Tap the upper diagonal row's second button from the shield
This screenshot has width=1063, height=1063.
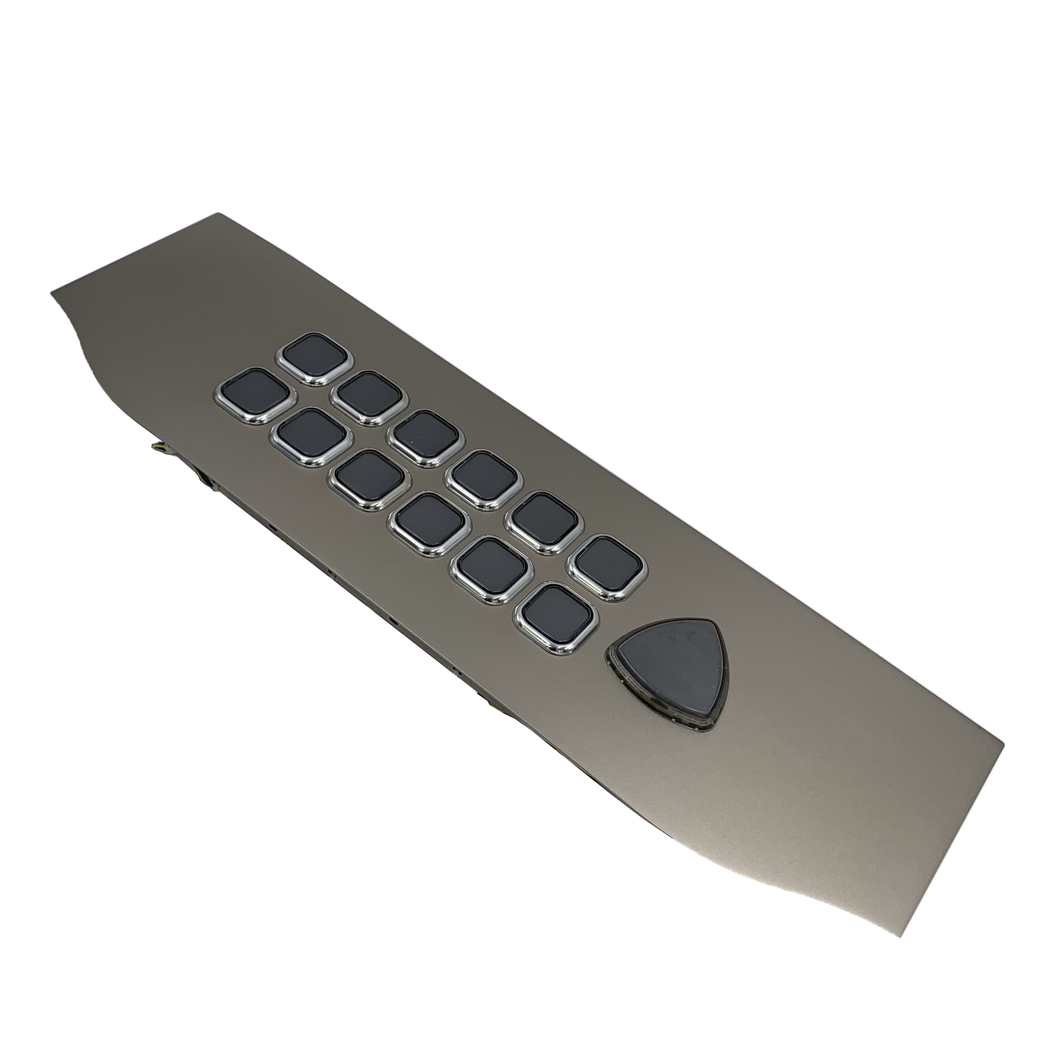pyautogui.click(x=550, y=520)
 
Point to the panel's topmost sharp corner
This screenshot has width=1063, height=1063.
pyautogui.click(x=220, y=213)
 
